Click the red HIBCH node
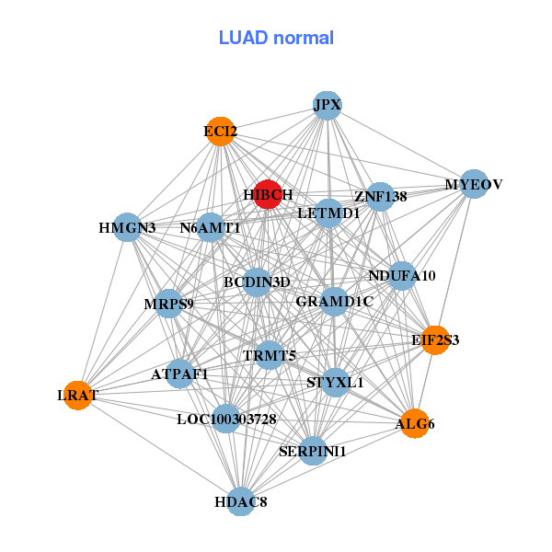[268, 194]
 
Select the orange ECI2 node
[220, 132]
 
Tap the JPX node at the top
[328, 106]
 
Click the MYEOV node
[473, 184]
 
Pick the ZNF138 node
[380, 196]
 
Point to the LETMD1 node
[328, 213]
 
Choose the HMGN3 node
[127, 227]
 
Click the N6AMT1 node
[211, 227]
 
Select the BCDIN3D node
[257, 282]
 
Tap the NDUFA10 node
[402, 275]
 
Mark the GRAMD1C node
[334, 301]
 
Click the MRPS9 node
[168, 303]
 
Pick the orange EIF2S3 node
[435, 339]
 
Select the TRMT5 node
[270, 355]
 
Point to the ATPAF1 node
[180, 374]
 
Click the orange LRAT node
[78, 395]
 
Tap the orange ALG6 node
[415, 423]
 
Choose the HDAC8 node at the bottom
[241, 501]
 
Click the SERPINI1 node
[313, 451]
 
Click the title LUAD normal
[276, 38]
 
